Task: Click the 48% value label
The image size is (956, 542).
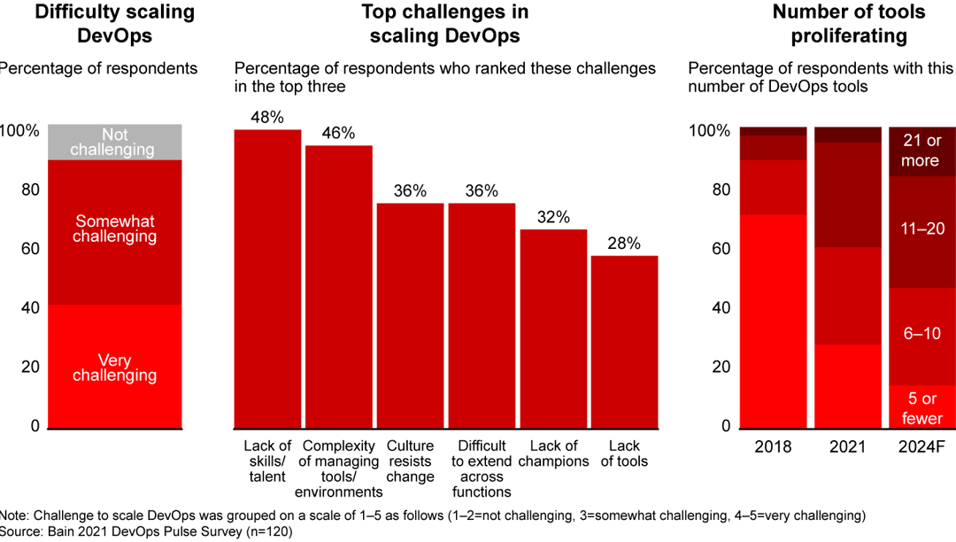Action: click(x=267, y=118)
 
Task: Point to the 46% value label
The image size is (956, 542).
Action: click(x=338, y=134)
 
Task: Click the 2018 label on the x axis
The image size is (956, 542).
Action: click(x=774, y=446)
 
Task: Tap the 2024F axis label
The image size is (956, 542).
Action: click(x=920, y=446)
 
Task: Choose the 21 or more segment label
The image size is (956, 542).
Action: click(x=920, y=151)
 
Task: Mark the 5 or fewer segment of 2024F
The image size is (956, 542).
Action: click(x=920, y=406)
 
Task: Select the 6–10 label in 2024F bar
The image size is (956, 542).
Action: click(x=920, y=335)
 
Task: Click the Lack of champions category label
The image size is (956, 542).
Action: click(x=553, y=453)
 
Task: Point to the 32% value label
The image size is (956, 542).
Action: click(x=553, y=217)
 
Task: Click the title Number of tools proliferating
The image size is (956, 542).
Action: click(x=848, y=24)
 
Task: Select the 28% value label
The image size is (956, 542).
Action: click(x=624, y=243)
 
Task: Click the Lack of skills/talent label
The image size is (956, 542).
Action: click(x=267, y=461)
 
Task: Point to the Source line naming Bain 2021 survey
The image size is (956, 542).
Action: click(x=146, y=532)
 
